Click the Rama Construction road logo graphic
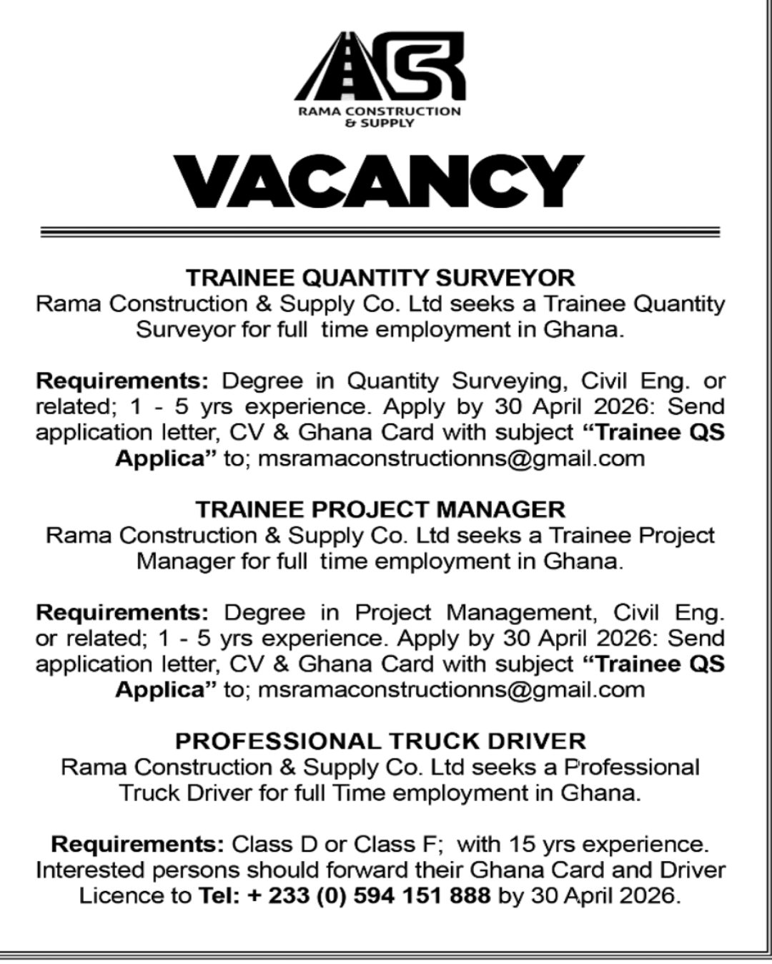(380, 67)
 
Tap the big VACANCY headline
(380, 182)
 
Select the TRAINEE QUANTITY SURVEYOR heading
(380, 277)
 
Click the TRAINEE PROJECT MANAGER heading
(380, 509)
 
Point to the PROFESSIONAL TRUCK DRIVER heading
(380, 741)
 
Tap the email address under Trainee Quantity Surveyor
(451, 458)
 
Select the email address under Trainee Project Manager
(451, 690)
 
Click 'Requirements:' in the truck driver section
(137, 845)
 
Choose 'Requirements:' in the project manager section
(122, 613)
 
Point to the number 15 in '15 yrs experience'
(523, 845)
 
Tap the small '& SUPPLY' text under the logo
(380, 124)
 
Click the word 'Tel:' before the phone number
(219, 895)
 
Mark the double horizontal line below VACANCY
(380, 232)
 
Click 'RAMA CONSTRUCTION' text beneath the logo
(380, 112)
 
